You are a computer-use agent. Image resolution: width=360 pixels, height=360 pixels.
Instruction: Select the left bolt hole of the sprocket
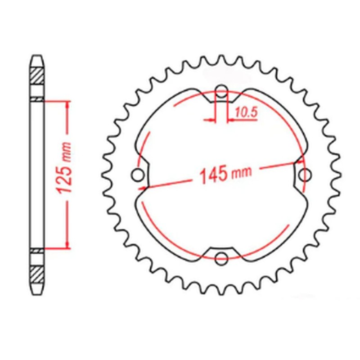(137, 174)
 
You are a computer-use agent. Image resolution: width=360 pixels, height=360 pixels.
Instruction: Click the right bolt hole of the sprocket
(306, 174)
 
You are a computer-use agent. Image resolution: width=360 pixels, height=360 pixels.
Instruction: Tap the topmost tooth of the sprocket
(221, 58)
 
